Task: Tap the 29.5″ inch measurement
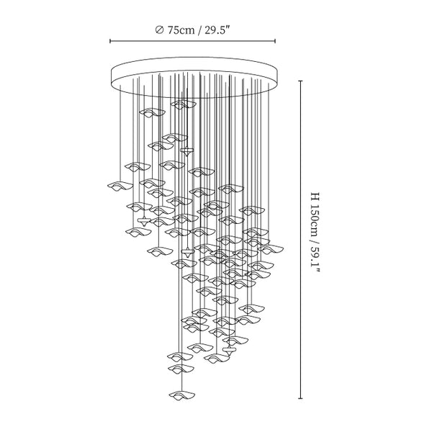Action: click(217, 30)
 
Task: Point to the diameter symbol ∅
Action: click(160, 30)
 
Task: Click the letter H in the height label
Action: click(315, 197)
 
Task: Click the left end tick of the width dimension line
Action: click(110, 41)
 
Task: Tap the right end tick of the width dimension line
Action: click(275, 41)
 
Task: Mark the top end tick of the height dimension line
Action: click(300, 81)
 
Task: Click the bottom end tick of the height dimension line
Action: click(300, 398)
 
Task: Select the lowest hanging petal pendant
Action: click(182, 395)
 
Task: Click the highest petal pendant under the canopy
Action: click(183, 104)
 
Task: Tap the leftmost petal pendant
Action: click(120, 186)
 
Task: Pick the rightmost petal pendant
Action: click(271, 249)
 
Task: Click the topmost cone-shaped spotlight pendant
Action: click(187, 152)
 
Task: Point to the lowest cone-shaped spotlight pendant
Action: click(230, 351)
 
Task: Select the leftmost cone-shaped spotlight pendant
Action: click(144, 221)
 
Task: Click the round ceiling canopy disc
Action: click(194, 77)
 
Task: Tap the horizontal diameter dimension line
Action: click(192, 41)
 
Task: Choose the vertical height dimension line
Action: click(300, 240)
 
